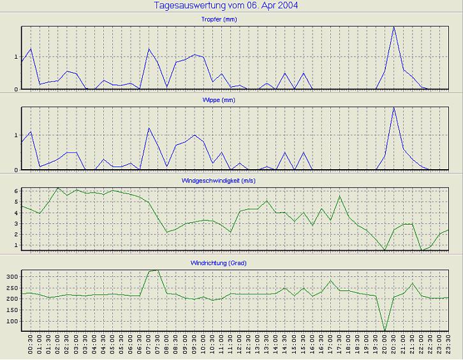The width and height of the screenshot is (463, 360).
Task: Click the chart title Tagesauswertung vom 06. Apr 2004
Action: point(226,5)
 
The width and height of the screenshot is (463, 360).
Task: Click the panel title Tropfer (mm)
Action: point(233,19)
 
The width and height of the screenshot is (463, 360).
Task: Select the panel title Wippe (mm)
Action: point(233,100)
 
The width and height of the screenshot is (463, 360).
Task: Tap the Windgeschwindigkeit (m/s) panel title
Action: point(233,181)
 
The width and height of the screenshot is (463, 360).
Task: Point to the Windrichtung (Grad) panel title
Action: point(233,262)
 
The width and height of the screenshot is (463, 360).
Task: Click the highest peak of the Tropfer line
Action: point(394,27)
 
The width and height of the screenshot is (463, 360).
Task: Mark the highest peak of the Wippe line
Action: point(394,107)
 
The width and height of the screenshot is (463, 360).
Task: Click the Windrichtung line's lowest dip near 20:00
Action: point(385,331)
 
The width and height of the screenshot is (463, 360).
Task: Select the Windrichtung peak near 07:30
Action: point(158,270)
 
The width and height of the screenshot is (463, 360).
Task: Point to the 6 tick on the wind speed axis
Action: point(17,191)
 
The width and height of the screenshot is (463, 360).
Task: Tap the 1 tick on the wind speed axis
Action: point(17,246)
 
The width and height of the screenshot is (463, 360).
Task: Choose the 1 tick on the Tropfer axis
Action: point(17,57)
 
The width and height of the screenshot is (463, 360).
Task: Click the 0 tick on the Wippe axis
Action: point(17,170)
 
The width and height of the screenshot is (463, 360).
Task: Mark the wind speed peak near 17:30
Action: point(339,196)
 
